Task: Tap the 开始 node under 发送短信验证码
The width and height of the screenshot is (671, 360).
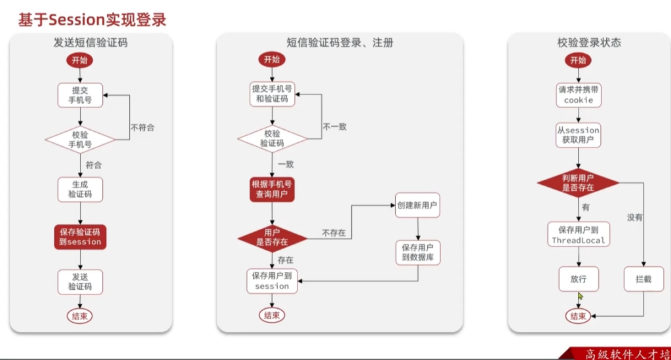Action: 79,60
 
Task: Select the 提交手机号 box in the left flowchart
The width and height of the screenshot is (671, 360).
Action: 80,95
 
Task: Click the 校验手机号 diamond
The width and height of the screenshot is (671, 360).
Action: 80,139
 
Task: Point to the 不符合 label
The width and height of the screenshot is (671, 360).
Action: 142,127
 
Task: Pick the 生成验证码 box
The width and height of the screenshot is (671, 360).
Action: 80,189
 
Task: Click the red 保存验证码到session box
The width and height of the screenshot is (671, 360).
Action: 80,237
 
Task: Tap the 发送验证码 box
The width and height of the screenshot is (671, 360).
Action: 80,282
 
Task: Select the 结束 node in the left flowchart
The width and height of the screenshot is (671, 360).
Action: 80,315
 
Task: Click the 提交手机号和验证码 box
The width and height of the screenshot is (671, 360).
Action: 272,94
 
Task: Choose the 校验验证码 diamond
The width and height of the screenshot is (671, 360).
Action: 272,138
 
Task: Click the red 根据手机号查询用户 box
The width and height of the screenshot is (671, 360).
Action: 272,189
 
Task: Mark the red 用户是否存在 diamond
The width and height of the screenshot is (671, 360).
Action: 272,237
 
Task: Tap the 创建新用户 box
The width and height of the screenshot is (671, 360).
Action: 417,205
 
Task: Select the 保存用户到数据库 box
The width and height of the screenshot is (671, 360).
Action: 417,252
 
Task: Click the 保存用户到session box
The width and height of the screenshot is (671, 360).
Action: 272,281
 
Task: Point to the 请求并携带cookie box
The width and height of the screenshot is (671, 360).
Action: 578,95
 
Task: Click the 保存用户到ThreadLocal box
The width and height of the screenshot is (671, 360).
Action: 578,235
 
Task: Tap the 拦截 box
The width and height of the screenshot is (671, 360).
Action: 643,279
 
